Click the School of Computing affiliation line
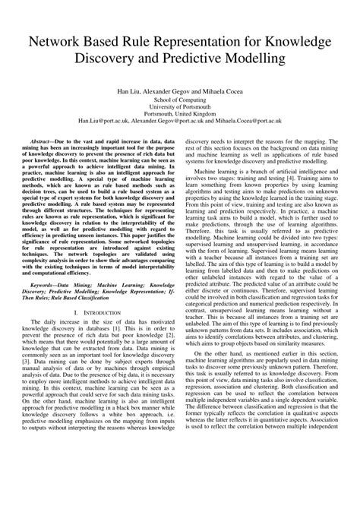180,99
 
